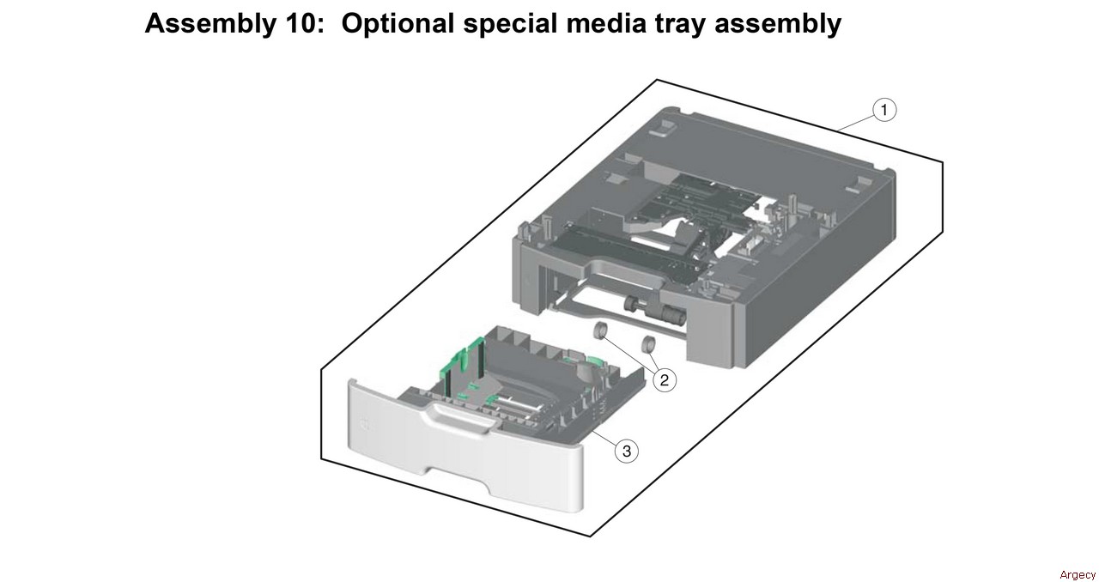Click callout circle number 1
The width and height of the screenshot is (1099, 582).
click(x=884, y=110)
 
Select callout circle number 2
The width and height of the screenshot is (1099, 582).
click(x=665, y=379)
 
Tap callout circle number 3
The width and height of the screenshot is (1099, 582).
click(x=627, y=451)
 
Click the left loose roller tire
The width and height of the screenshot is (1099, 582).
click(x=599, y=330)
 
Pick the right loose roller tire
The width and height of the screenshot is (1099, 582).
click(x=648, y=345)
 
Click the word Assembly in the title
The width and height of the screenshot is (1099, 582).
click(x=210, y=23)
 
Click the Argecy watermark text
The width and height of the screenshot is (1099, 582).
click(x=1078, y=574)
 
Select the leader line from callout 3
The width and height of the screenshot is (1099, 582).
click(x=604, y=438)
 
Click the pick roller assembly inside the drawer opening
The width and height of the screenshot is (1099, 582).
click(x=650, y=309)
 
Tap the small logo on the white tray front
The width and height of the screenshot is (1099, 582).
click(x=365, y=423)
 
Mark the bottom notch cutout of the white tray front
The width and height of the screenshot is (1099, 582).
click(x=458, y=480)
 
